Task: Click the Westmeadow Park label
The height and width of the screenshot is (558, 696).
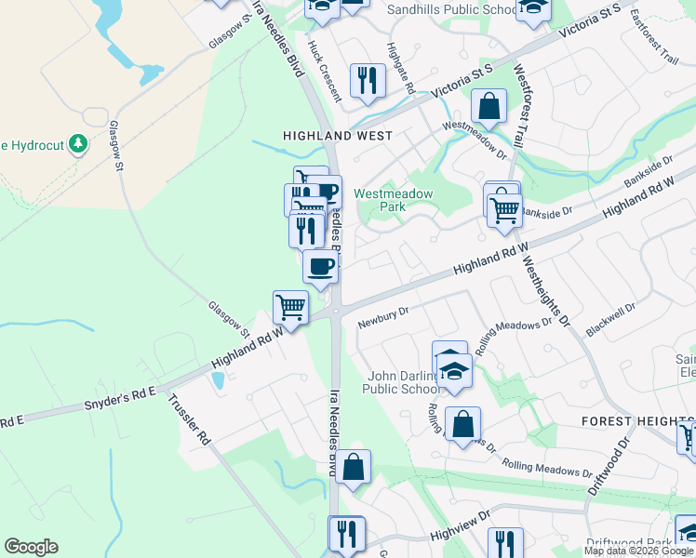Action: (394, 200)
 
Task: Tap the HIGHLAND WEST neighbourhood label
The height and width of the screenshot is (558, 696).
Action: (337, 136)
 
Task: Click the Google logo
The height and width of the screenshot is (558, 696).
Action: (31, 547)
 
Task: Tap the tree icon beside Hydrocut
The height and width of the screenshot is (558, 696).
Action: (79, 145)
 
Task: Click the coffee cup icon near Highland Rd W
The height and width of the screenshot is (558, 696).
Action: (320, 266)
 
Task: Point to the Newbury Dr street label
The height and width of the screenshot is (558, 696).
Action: (383, 317)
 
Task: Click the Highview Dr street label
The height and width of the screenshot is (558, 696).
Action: (459, 528)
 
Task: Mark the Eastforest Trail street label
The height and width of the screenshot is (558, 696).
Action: (653, 35)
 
